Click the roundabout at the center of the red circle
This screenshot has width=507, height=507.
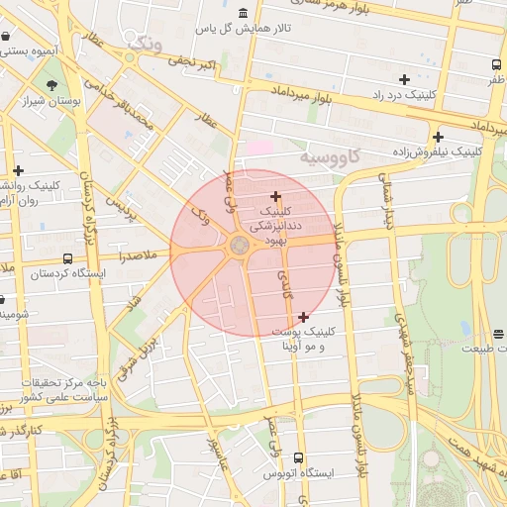(x=240, y=245)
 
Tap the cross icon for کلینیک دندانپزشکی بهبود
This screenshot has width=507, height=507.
(x=275, y=196)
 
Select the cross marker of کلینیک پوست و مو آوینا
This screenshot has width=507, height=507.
(x=303, y=317)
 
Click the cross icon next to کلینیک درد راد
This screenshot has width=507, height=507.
(x=404, y=79)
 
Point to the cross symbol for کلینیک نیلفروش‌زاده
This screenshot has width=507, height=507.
(x=438, y=137)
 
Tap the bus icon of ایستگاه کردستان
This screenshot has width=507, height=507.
(x=66, y=273)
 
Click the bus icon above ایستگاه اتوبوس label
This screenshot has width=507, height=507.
(x=299, y=458)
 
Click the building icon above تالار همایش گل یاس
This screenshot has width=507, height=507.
(x=244, y=13)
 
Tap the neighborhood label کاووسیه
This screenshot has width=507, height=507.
(x=333, y=156)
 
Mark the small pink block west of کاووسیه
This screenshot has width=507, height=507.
(x=258, y=147)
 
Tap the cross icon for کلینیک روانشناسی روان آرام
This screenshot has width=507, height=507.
(x=18, y=170)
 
